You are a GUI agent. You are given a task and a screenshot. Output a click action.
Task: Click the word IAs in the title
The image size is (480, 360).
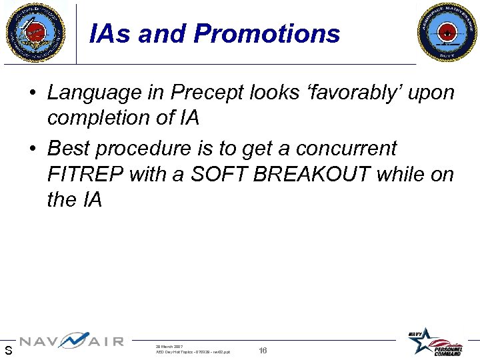[111, 33]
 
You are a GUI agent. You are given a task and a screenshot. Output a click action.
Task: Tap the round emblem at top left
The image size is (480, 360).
[35, 32]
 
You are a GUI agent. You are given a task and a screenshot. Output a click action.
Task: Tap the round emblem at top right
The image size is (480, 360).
[447, 32]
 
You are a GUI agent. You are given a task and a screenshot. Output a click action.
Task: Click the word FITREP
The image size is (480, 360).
[84, 174]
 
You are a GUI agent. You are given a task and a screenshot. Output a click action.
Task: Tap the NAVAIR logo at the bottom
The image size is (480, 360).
[71, 341]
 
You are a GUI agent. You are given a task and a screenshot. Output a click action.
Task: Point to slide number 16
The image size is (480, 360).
[263, 350]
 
